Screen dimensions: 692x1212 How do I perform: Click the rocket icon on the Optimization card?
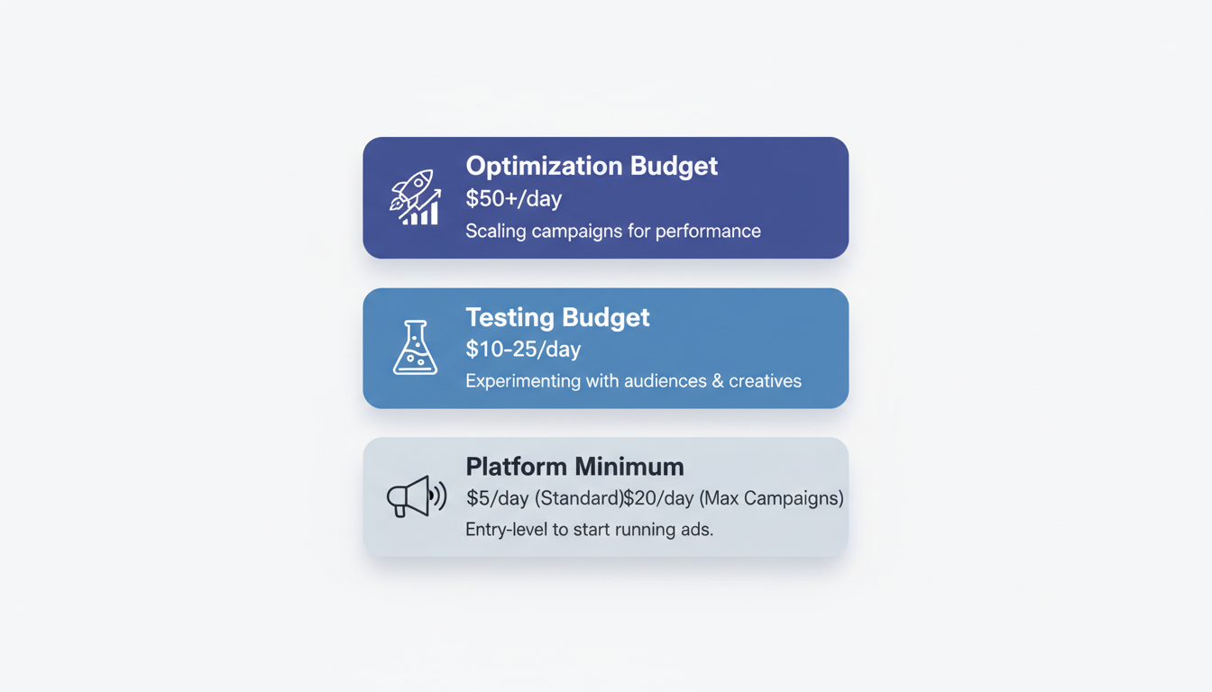click(415, 197)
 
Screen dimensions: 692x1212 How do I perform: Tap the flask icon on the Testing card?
click(415, 348)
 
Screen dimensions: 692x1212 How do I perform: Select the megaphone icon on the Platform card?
click(416, 496)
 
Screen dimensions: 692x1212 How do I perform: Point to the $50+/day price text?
click(513, 199)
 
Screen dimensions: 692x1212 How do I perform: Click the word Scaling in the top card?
click(495, 232)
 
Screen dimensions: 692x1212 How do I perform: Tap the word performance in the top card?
click(708, 232)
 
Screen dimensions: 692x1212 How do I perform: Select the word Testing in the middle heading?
click(508, 317)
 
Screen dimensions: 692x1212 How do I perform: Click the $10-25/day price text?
click(523, 350)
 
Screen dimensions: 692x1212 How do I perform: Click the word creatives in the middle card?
click(766, 381)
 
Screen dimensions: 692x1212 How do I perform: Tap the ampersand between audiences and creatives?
click(718, 381)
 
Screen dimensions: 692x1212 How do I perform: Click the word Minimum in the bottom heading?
click(629, 467)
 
